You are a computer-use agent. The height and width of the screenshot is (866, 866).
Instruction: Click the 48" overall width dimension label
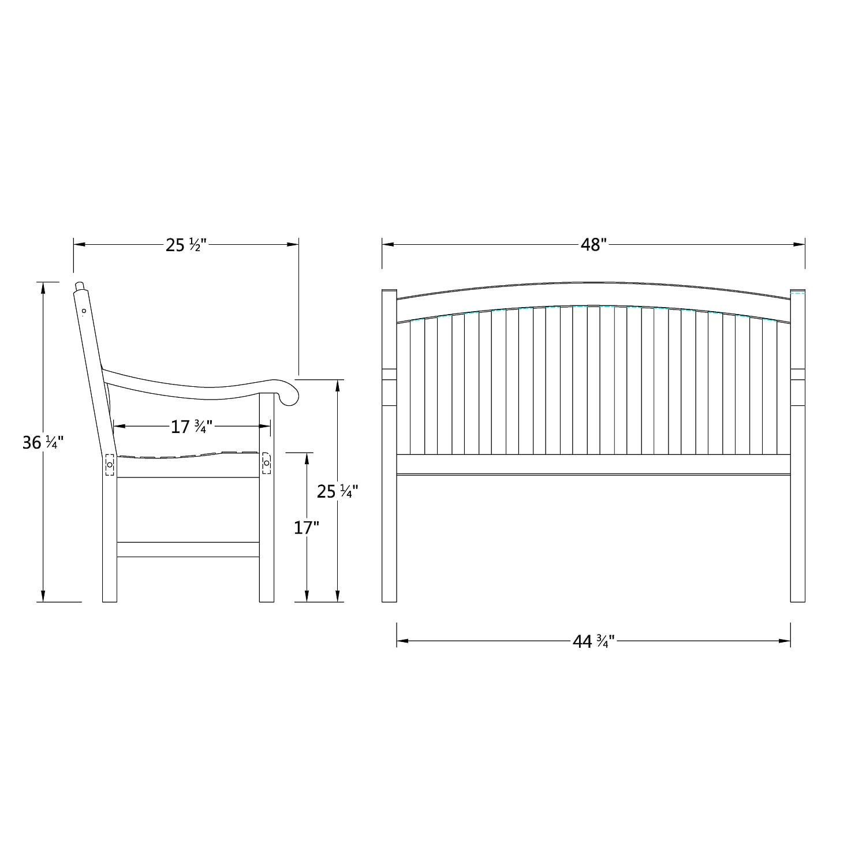click(x=594, y=245)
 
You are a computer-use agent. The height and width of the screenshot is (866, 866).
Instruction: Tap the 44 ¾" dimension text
click(x=593, y=641)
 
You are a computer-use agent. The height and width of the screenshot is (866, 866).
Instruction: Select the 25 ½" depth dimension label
click(x=186, y=245)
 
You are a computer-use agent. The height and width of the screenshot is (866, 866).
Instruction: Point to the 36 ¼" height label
click(x=42, y=443)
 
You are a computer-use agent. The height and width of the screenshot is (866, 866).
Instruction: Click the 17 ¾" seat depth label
click(x=192, y=427)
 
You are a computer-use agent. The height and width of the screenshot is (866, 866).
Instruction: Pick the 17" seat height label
click(x=307, y=528)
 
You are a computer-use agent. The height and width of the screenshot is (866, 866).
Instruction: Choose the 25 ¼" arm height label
click(x=338, y=491)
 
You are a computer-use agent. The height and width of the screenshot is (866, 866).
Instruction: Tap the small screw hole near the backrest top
click(x=84, y=311)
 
